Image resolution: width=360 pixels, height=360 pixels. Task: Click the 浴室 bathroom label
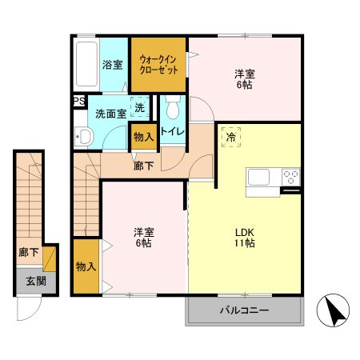coord(112,65)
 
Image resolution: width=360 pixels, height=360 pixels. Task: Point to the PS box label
coord(78,101)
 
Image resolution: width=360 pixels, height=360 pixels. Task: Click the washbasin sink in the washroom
coord(84,138)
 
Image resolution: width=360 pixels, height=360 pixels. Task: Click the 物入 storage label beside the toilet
coord(144,138)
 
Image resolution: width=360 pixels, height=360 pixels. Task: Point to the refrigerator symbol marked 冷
coord(230,137)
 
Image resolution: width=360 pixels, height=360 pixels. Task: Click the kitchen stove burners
coord(290,177)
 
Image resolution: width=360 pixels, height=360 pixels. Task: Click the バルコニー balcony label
coord(244,310)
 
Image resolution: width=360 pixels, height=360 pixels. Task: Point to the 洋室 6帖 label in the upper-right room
coord(244,79)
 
